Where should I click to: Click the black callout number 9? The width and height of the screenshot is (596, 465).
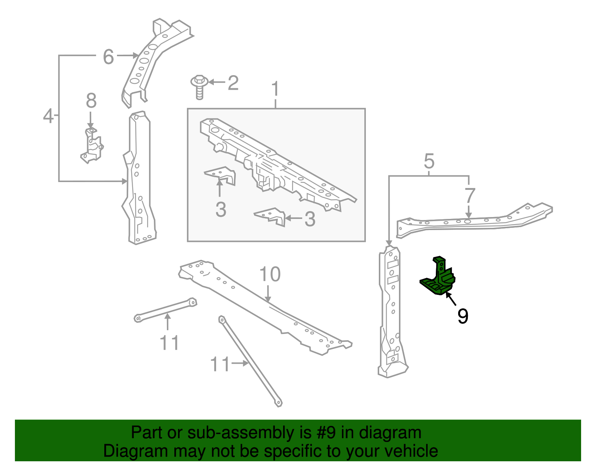tap(463, 316)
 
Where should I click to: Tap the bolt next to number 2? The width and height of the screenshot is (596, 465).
tap(199, 86)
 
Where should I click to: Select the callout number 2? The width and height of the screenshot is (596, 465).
tap(233, 83)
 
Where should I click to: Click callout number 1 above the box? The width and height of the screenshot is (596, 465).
tap(275, 89)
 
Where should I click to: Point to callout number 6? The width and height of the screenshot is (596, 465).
tap(108, 57)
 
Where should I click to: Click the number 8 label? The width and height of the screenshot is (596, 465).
tap(91, 101)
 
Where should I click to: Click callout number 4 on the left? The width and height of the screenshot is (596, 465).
tap(48, 116)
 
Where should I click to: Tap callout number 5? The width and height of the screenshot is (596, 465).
tap(429, 161)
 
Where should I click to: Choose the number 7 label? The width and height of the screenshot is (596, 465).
tap(470, 195)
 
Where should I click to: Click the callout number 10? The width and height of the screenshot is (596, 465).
tap(270, 274)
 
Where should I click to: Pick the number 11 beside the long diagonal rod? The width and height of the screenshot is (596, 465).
tap(220, 364)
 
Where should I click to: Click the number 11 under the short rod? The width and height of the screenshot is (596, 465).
tap(169, 343)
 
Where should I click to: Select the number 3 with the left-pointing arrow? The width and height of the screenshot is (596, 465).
tap(310, 219)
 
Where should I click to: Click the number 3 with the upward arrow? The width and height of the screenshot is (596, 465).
tap(221, 210)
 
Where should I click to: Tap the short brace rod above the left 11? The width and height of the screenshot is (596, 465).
tap(165, 309)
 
